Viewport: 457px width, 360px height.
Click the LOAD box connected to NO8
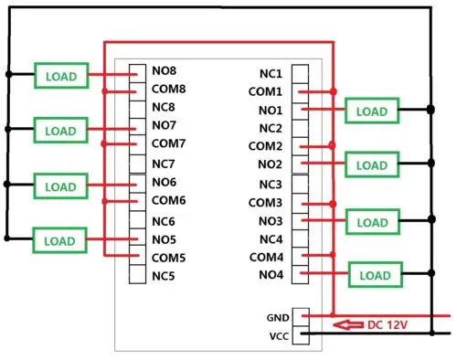pyautogui.click(x=60, y=75)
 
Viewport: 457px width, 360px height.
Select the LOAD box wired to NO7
pyautogui.click(x=60, y=131)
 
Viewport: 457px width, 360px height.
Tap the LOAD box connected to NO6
pyautogui.click(x=60, y=186)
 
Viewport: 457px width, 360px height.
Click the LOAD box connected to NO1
pyautogui.click(x=372, y=111)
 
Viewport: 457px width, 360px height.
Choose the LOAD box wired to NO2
pyautogui.click(x=372, y=165)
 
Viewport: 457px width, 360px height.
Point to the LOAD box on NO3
pyautogui.click(x=372, y=222)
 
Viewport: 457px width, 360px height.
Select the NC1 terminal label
pyautogui.click(x=271, y=72)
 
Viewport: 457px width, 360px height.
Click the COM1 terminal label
pyautogui.click(x=266, y=91)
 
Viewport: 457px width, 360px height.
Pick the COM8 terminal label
pyautogui.click(x=169, y=89)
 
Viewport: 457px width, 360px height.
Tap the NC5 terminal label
pyautogui.click(x=164, y=275)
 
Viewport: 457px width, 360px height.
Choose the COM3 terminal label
pyautogui.click(x=266, y=202)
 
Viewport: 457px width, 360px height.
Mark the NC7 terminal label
pyautogui.click(x=164, y=163)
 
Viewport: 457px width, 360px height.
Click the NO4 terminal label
pyautogui.click(x=271, y=275)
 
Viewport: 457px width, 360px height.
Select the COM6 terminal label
pyautogui.click(x=169, y=200)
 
